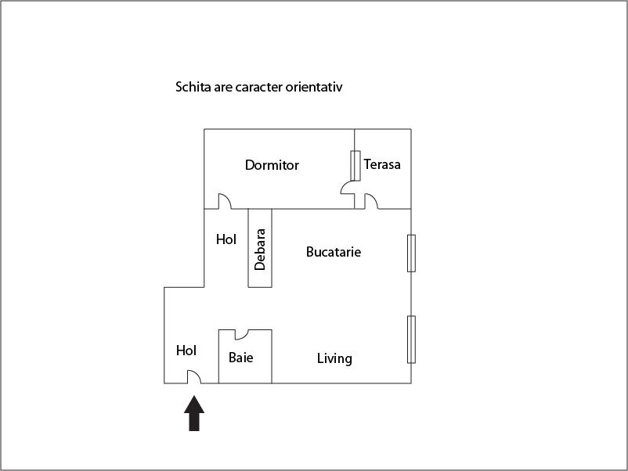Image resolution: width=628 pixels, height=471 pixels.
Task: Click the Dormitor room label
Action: (x=272, y=165)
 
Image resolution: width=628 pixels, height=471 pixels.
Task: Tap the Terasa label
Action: (x=382, y=164)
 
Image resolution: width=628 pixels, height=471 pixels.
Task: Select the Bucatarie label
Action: (x=334, y=252)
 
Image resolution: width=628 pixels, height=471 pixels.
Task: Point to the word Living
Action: (x=334, y=358)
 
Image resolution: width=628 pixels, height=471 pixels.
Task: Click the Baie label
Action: (x=240, y=358)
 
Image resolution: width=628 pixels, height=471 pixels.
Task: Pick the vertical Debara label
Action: (x=260, y=249)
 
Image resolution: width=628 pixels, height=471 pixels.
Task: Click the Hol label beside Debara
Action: (x=226, y=239)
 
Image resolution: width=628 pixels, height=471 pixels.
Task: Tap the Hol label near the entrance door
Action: (x=186, y=351)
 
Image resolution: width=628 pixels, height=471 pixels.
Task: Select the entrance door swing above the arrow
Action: (x=193, y=376)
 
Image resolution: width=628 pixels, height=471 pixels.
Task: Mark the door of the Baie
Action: (x=241, y=334)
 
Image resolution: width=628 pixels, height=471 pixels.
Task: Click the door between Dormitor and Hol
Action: (x=224, y=202)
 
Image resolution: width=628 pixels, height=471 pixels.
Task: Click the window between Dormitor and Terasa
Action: (x=355, y=165)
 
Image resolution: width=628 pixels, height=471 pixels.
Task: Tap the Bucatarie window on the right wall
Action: (x=411, y=253)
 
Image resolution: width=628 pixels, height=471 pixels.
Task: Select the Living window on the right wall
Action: (x=411, y=339)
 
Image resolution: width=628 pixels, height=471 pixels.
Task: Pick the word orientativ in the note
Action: (x=313, y=87)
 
